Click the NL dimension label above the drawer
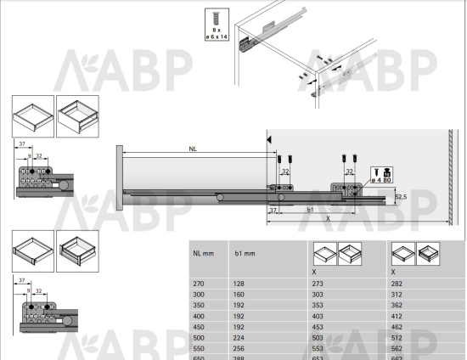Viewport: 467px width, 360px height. pos(194,149)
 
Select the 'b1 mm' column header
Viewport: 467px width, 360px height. pos(245,253)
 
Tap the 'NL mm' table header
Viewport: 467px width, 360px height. pos(202,253)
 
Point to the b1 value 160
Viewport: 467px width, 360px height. pos(239,295)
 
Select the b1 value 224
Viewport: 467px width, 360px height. pos(239,337)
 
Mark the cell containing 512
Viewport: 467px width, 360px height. pos(397,337)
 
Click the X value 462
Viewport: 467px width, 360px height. pos(397,326)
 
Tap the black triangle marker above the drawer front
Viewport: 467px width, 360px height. pos(269,138)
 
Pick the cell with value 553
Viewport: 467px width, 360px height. pos(319,347)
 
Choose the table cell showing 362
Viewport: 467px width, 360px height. pos(397,305)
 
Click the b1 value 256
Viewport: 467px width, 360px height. pos(239,347)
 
